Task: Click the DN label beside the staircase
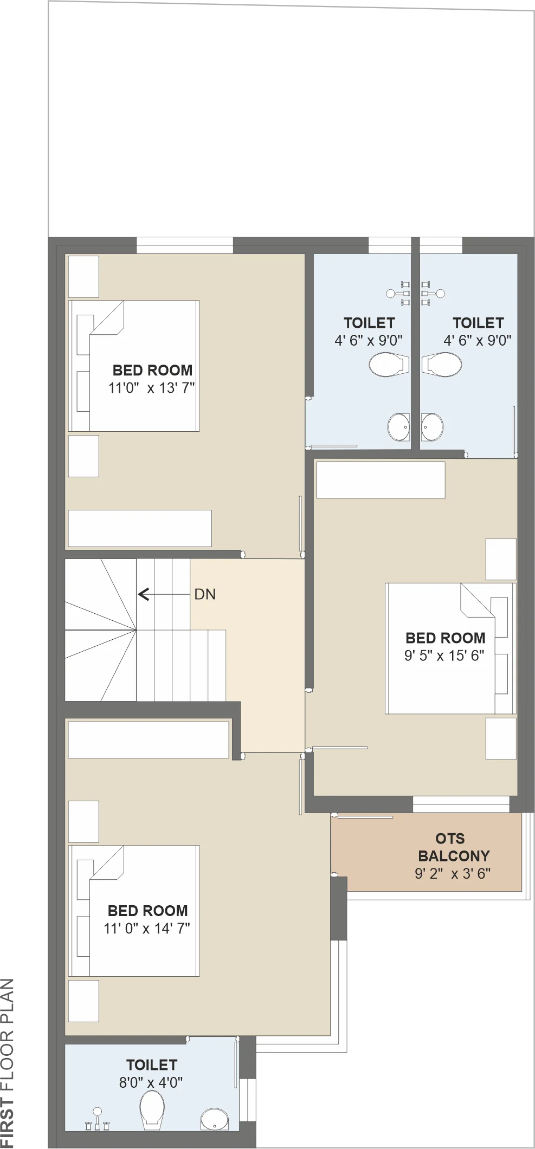point(205,594)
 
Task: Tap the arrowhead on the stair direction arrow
point(143,594)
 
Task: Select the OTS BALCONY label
point(454,847)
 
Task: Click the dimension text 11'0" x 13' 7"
point(152,388)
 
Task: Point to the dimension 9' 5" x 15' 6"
point(444,655)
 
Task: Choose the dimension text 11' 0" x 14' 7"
point(147,929)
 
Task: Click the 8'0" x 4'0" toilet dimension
point(151,1082)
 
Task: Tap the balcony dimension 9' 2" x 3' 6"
point(453,873)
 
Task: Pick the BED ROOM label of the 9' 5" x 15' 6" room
point(446,638)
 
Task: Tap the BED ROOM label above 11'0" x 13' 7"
point(152,371)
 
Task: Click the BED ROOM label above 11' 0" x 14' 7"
point(147,911)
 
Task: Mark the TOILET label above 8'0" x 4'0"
point(152,1065)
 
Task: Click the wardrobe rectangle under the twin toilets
point(381,480)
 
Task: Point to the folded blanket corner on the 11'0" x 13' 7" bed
point(108,318)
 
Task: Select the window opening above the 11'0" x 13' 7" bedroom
point(184,245)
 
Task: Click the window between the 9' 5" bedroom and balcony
point(461,804)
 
